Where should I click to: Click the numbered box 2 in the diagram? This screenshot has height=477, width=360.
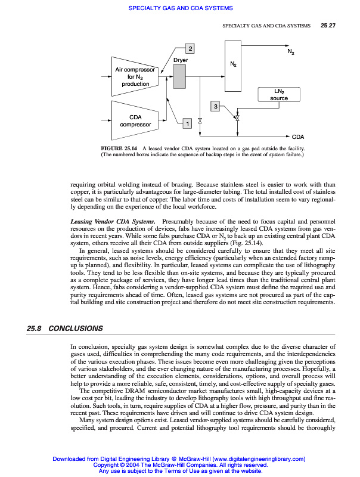(x=190, y=48)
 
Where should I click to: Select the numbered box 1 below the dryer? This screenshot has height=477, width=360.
(x=187, y=123)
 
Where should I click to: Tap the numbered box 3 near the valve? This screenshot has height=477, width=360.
(x=215, y=106)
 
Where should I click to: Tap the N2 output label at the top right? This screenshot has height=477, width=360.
(x=290, y=52)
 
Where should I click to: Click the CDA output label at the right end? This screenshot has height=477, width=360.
(x=299, y=137)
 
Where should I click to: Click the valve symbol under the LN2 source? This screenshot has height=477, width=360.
(x=237, y=120)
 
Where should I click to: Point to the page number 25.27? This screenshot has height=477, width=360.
(x=329, y=26)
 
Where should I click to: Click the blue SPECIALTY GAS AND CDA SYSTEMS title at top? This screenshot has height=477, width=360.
(x=180, y=8)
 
